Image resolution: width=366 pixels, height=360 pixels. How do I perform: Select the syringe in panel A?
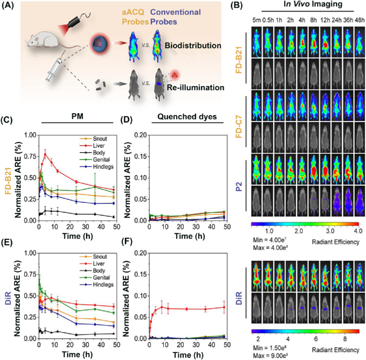(x=55, y=67)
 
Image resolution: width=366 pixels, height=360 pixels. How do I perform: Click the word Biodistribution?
(x=193, y=45)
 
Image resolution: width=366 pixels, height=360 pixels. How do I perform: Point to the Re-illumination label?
(x=196, y=88)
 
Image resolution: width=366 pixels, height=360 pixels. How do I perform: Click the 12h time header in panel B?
(x=325, y=20)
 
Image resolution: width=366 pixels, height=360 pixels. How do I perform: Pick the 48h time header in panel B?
(x=360, y=20)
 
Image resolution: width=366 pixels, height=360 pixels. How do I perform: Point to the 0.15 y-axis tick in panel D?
(x=141, y=156)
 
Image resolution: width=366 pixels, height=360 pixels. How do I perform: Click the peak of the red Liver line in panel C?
(x=45, y=154)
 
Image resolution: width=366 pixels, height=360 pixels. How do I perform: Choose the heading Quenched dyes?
(x=187, y=116)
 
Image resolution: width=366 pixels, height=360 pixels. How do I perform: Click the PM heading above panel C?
(x=77, y=116)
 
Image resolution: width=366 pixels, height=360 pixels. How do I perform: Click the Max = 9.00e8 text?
(x=270, y=355)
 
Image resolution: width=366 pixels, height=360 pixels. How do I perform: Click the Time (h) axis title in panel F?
(x=188, y=354)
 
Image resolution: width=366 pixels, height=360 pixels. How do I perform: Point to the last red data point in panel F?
(x=224, y=307)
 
